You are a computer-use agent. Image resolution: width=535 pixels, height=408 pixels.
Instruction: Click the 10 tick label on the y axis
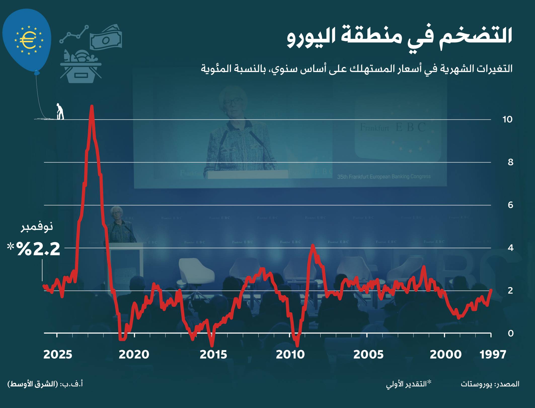(507, 119)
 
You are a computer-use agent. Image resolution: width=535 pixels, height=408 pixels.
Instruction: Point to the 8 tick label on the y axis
(510, 162)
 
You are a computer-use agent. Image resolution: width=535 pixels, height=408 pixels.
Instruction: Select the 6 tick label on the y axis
(510, 205)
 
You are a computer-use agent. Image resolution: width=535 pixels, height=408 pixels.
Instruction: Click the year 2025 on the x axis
(58, 355)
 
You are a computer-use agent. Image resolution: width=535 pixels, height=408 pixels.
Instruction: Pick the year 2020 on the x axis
(134, 355)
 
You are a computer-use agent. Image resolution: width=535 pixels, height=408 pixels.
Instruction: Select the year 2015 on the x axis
(213, 355)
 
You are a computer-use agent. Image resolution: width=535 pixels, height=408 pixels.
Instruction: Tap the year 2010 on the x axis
(290, 355)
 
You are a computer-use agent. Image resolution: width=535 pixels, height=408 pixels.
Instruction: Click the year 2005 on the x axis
(368, 355)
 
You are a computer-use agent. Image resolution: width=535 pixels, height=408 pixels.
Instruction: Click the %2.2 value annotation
(38, 249)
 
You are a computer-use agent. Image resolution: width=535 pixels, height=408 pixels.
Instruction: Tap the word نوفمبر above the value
(37, 228)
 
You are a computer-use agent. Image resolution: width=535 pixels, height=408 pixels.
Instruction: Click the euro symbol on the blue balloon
(28, 40)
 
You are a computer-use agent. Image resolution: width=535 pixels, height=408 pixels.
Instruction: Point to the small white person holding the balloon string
(60, 112)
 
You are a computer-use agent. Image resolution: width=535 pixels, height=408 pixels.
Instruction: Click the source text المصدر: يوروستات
(490, 384)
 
